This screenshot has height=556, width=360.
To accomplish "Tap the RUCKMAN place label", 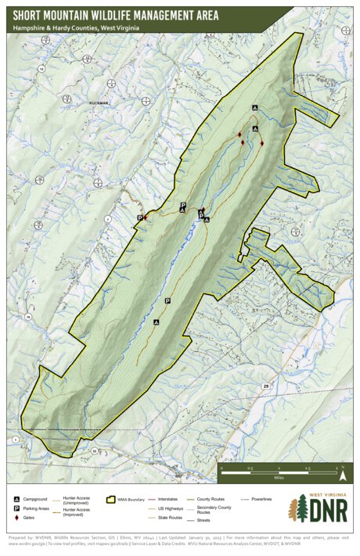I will click(99, 103).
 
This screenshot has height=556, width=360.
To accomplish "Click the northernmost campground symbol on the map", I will click(254, 107).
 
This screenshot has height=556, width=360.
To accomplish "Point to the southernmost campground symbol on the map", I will click(156, 321).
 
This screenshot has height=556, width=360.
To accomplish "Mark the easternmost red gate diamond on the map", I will click(261, 142).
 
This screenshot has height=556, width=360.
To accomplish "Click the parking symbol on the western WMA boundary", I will click(140, 217).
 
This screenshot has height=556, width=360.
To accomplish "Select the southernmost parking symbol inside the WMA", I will click(167, 301).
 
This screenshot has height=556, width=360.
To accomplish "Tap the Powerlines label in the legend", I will click(261, 498).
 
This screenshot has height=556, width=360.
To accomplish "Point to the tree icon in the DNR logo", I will click(298, 508).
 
